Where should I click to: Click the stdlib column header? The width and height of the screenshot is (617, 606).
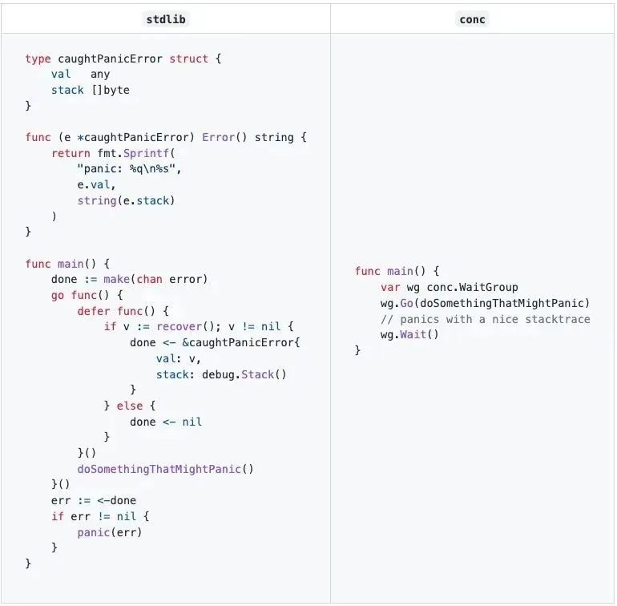pos(166,19)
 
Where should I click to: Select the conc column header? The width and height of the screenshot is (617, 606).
pos(472,19)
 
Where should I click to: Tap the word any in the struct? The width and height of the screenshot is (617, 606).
pos(100,75)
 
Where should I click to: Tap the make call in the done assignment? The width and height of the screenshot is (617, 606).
pos(116,279)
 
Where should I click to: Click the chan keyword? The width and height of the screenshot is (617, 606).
pos(149,279)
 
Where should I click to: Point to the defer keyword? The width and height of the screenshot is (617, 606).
pos(93,311)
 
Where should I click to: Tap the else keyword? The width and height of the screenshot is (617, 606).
pos(130,406)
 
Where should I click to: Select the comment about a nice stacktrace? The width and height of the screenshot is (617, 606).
pos(485,319)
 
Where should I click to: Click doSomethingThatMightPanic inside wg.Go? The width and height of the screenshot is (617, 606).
pos(507,303)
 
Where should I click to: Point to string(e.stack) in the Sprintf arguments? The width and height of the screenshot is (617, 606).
pos(126,200)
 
